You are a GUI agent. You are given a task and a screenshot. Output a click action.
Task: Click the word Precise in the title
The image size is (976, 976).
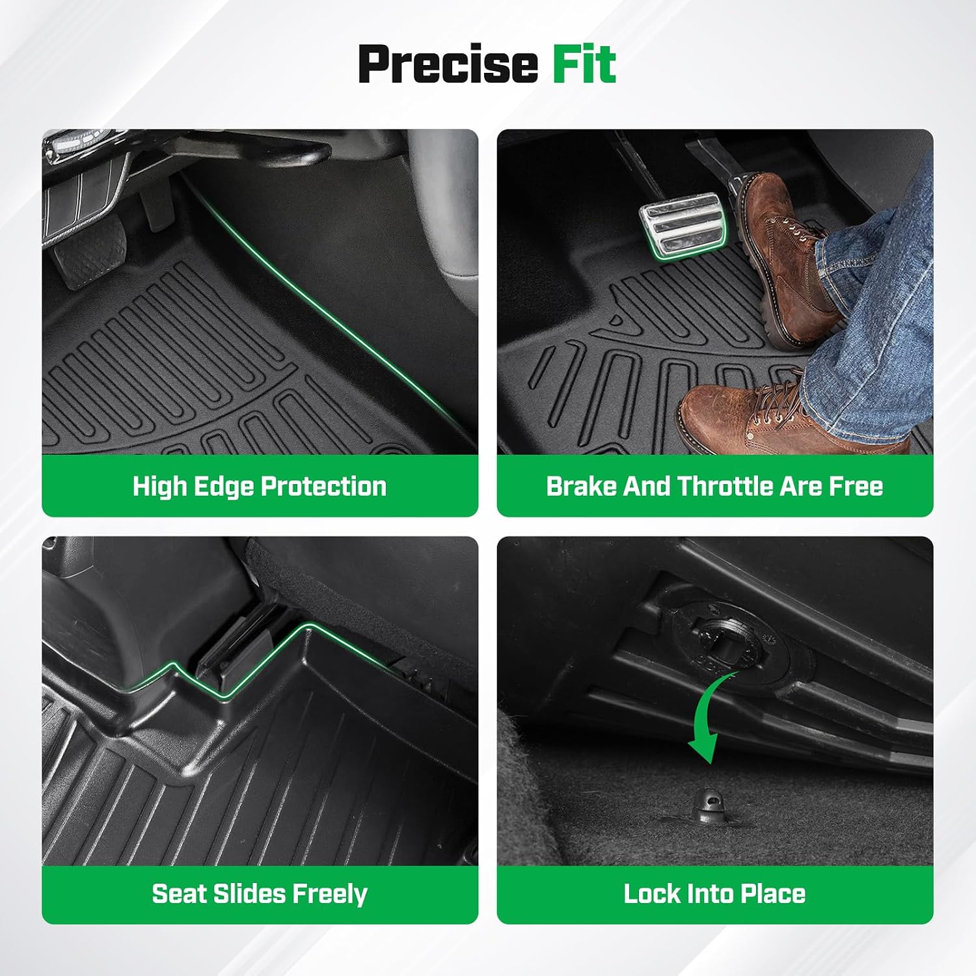448,64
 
